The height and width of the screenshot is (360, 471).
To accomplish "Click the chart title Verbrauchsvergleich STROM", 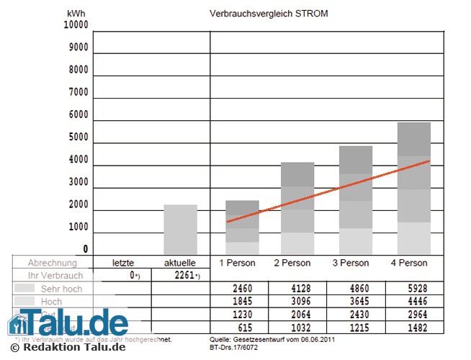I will click(x=268, y=14).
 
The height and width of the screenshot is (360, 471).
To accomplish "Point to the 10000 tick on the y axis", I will click(x=76, y=24).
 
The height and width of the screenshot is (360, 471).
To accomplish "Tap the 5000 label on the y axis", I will click(x=78, y=137).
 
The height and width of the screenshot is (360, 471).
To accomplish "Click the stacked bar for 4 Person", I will click(x=413, y=189).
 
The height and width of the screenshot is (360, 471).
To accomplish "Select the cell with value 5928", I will click(x=413, y=289).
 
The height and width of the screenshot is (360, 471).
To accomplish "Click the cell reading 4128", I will click(x=295, y=289).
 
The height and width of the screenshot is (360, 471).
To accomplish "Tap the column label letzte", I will click(x=124, y=263).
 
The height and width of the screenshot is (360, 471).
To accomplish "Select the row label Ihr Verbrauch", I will click(x=55, y=276).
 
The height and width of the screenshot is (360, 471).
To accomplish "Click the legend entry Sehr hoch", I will click(x=60, y=289).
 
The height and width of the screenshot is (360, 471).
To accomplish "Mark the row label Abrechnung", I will click(x=52, y=263).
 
